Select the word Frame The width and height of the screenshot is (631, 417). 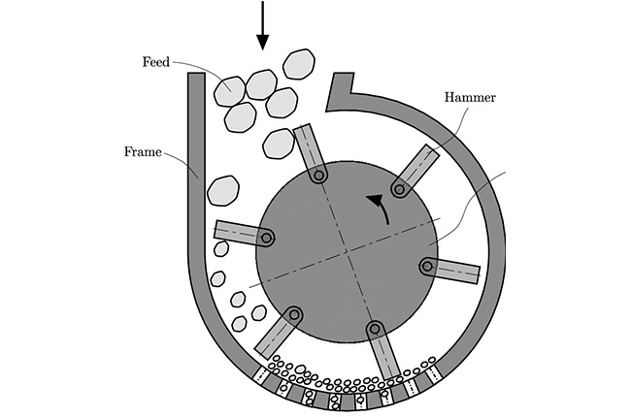coord(144,152)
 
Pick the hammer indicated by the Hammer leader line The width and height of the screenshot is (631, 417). coord(417,169)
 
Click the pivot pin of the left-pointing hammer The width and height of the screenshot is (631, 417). coord(267,237)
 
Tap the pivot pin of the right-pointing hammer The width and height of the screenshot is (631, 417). coord(425,266)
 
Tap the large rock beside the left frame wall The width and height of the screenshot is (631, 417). coord(223,189)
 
